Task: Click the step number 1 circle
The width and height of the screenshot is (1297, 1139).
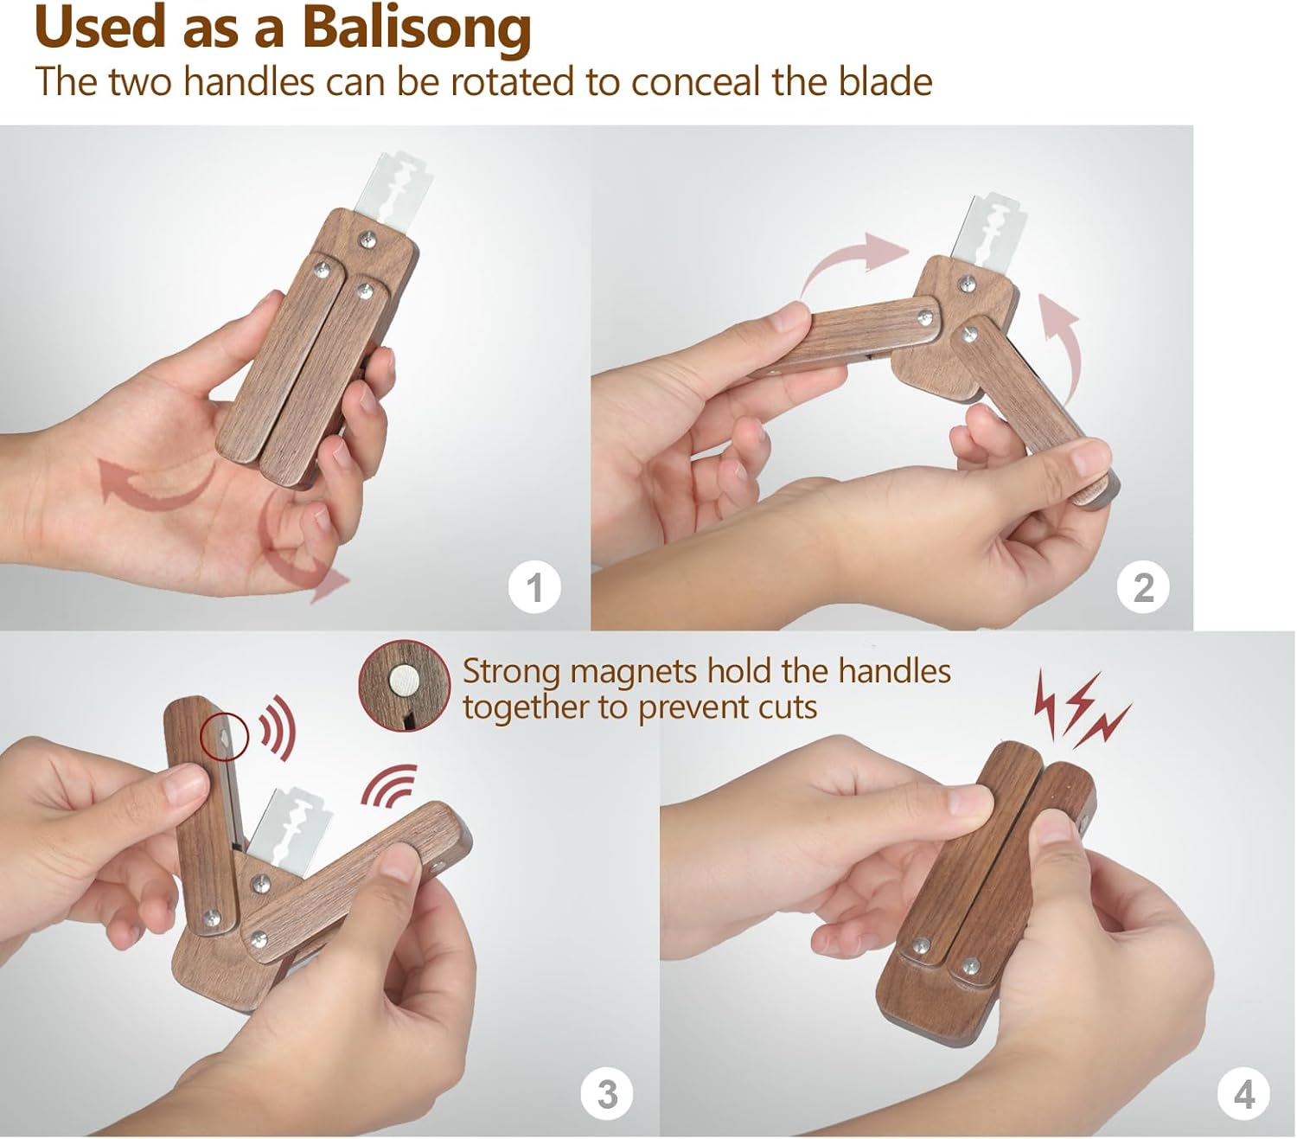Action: [x=533, y=587]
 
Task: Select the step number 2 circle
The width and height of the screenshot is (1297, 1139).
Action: [x=1143, y=587]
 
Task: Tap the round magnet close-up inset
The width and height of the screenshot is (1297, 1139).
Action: [x=404, y=686]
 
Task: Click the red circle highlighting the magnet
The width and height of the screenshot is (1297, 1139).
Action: [x=223, y=736]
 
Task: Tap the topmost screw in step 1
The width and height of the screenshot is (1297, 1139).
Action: [x=367, y=240]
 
